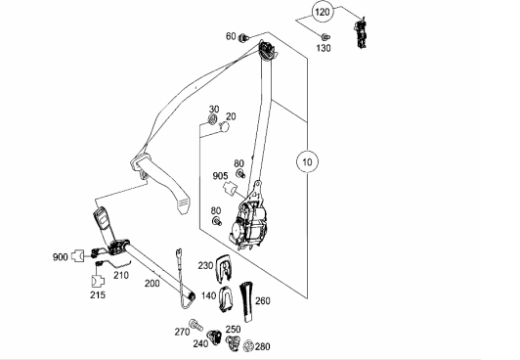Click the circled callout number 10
point(308,162)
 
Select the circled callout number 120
point(323,13)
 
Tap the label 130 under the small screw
point(323,48)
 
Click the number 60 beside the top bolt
point(231,36)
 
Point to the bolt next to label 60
point(243,37)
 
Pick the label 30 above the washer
point(214,110)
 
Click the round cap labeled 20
point(224,127)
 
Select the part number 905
point(220,176)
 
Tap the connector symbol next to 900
point(78,256)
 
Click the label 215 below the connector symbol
point(98,294)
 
